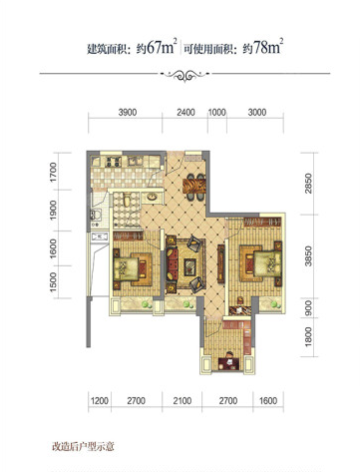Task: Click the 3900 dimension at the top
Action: pos(128,113)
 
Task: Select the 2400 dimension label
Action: pos(185,113)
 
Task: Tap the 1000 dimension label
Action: pos(217,113)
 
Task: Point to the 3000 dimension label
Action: pos(257,113)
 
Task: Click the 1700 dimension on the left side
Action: pos(53,172)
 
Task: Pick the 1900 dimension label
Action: pos(53,210)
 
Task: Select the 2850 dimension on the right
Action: pos(308,184)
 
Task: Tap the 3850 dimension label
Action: pos(308,255)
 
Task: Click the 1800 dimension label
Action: pos(308,336)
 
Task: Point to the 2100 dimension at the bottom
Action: pos(182,401)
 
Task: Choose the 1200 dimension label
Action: pos(100,401)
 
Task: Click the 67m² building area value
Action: pos(162,47)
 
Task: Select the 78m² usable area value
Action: pos(268,47)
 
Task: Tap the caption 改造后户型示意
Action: pos(83,446)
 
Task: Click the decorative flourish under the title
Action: pos(185,75)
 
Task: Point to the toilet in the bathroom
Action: pos(127,201)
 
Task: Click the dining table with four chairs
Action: pos(194,187)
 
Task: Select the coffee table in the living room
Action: pos(189,266)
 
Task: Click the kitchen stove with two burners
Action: pos(114,162)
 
